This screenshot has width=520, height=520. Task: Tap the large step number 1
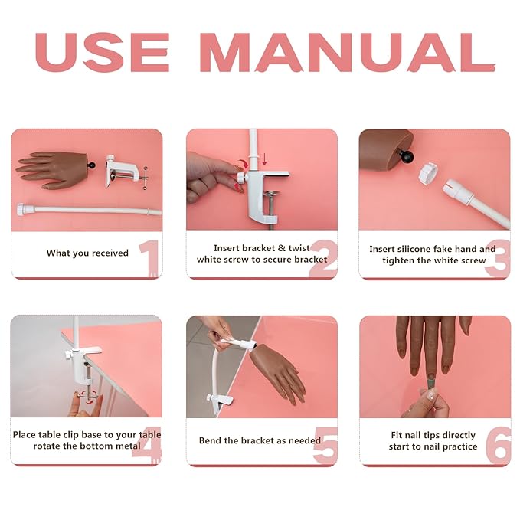tap(149, 258)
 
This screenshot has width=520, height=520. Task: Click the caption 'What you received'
tap(87, 253)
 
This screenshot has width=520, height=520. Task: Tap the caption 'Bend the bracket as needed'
tap(260, 441)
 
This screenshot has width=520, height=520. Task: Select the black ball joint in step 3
tap(407, 157)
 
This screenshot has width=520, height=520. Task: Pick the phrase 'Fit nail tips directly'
tap(433, 435)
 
